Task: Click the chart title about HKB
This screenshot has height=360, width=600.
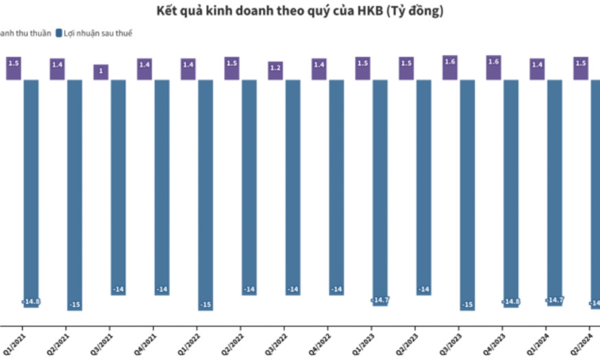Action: point(299,11)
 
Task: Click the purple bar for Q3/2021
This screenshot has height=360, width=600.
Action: point(101,72)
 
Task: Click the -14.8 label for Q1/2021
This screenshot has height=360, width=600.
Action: point(31,301)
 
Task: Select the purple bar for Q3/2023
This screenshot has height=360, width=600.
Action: point(450,67)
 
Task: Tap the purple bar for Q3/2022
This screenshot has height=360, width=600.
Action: point(275,70)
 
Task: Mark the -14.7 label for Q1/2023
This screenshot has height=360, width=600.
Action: point(381,300)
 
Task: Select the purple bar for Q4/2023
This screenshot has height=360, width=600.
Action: point(494,67)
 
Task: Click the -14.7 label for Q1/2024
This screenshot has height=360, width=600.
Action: point(555,300)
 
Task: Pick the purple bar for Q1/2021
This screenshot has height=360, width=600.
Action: point(14,69)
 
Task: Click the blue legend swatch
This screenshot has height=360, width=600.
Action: point(59,33)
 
